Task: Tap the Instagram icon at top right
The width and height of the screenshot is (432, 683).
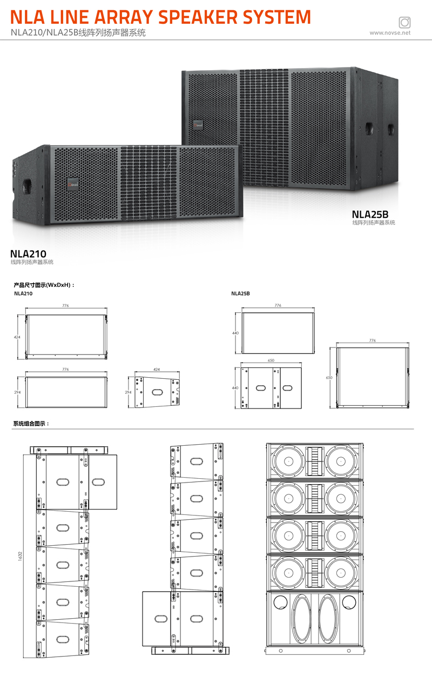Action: click(x=404, y=22)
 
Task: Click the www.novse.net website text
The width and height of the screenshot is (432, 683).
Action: click(x=390, y=33)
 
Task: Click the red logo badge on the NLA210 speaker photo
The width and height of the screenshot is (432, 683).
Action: click(x=73, y=184)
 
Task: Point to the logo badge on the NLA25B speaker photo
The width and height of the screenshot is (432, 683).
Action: click(x=198, y=125)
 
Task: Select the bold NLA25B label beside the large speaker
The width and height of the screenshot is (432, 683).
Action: click(x=370, y=215)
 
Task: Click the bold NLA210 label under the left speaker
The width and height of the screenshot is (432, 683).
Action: click(x=28, y=253)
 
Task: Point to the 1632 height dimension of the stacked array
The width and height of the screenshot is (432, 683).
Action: click(x=20, y=556)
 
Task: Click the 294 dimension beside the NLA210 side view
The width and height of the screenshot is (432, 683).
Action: click(x=129, y=392)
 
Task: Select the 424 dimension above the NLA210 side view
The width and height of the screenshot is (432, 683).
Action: click(x=157, y=369)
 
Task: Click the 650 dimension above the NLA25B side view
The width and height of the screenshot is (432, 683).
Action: click(x=271, y=360)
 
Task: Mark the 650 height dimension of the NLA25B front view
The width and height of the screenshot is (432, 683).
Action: click(x=329, y=378)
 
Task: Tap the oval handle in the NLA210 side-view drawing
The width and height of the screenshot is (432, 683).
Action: click(x=157, y=392)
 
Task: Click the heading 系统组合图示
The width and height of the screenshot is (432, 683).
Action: click(x=31, y=424)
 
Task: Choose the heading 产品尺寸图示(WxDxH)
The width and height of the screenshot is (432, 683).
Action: click(x=44, y=285)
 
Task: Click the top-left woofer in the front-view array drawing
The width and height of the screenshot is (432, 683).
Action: click(x=288, y=461)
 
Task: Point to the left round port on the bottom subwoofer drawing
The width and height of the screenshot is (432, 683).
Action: click(x=280, y=602)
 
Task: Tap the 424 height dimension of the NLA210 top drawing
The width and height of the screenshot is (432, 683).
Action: click(x=17, y=337)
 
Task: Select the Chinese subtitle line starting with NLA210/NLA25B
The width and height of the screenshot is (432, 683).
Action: click(x=78, y=32)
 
